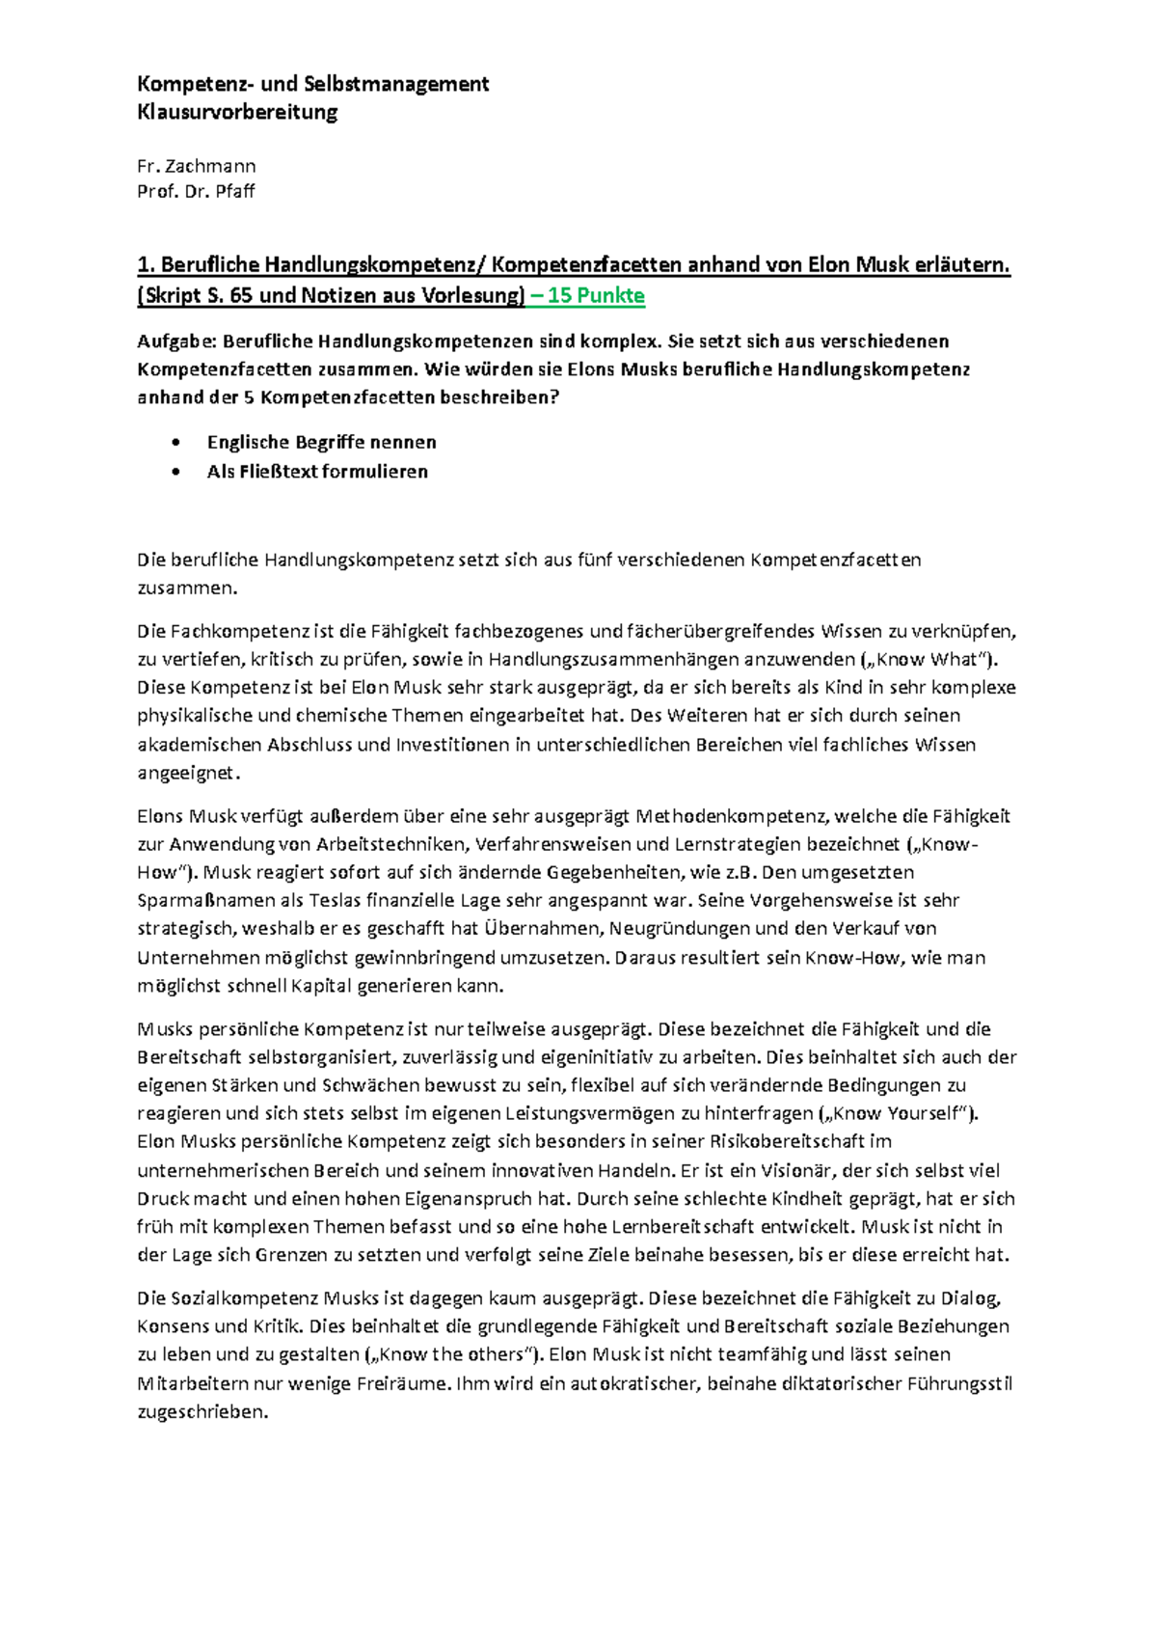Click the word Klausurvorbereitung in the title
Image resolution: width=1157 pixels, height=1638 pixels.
pyautogui.click(x=237, y=112)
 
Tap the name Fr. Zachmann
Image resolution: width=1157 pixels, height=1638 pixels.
pyautogui.click(x=196, y=166)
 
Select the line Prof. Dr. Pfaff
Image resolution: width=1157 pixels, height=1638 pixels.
pyautogui.click(x=196, y=191)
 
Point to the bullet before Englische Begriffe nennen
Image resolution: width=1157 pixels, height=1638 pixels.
pyautogui.click(x=175, y=443)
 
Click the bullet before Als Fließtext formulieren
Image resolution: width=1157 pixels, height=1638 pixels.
pyautogui.click(x=175, y=472)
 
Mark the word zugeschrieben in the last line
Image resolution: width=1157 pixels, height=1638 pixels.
pyautogui.click(x=202, y=1411)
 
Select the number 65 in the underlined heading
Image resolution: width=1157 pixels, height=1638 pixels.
pyautogui.click(x=241, y=295)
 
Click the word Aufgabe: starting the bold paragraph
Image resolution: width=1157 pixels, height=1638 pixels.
pyautogui.click(x=175, y=341)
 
